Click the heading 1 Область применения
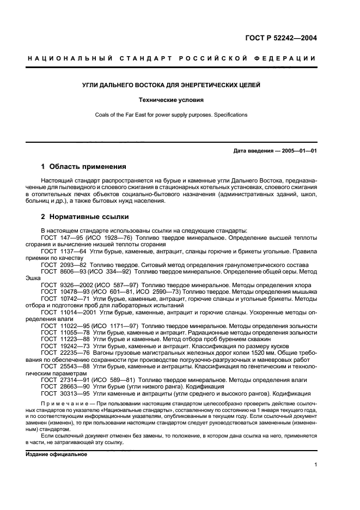point(84,166)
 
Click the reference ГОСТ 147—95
point(60,238)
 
